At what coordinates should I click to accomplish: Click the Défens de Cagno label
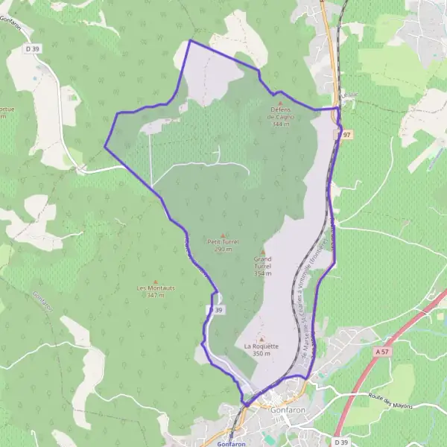pyautogui.click(x=282, y=117)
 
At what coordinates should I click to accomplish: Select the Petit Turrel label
pyautogui.click(x=222, y=241)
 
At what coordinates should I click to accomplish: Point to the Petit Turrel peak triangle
pyautogui.click(x=222, y=235)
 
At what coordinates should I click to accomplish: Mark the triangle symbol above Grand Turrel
pyautogui.click(x=262, y=251)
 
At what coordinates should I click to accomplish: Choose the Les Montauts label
pyautogui.click(x=155, y=288)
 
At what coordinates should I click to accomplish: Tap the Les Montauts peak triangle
pyautogui.click(x=155, y=281)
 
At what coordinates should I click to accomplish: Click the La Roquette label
pyautogui.click(x=261, y=346)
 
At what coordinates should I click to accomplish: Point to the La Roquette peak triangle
pyautogui.click(x=261, y=339)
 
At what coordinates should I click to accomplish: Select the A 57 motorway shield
pyautogui.click(x=383, y=350)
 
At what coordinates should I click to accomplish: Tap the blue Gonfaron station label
pyautogui.click(x=232, y=443)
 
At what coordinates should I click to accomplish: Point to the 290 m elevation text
pyautogui.click(x=222, y=249)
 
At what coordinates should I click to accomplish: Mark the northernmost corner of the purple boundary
pyautogui.click(x=189, y=40)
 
